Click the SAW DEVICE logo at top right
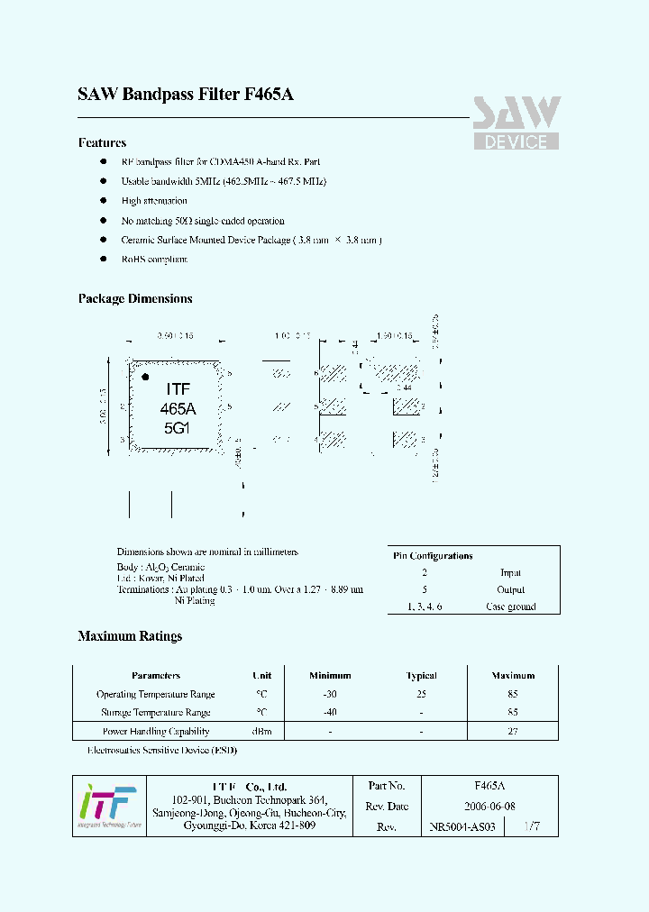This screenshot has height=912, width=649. point(516,122)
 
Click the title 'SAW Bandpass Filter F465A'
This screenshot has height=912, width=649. point(186,94)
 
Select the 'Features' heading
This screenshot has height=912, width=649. point(102,142)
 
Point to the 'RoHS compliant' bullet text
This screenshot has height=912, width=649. point(154,260)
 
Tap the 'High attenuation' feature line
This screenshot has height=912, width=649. point(154,201)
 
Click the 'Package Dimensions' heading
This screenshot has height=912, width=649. point(135,298)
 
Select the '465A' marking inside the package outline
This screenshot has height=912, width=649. point(178,408)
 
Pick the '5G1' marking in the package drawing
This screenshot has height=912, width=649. point(178,428)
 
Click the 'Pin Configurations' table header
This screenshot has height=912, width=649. point(433,556)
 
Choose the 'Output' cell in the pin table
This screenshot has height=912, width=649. point(511,589)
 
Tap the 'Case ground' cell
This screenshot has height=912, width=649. point(511,606)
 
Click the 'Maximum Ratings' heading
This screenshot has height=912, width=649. point(130,636)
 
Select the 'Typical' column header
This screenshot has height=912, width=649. point(421,675)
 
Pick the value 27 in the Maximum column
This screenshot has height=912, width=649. point(513,731)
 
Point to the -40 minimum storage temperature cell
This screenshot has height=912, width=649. point(330,712)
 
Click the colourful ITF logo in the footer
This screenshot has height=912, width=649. point(106,804)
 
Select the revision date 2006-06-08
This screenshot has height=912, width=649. point(490,806)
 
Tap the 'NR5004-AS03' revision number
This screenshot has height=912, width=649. point(462,826)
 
